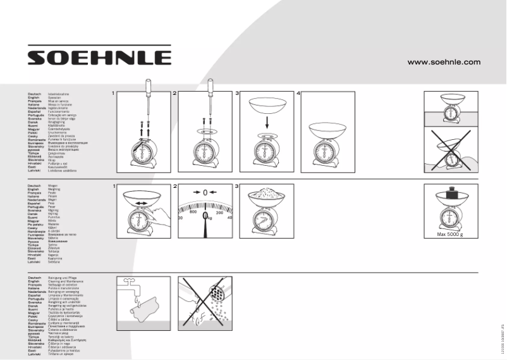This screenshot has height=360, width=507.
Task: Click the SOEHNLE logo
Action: click(99, 58)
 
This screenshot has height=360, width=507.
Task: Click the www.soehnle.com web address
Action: click(444, 62)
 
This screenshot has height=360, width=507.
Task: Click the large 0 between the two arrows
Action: click(205, 192)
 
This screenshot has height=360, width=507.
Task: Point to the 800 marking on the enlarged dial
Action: click(193, 213)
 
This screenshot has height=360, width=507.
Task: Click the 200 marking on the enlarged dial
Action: click(220, 213)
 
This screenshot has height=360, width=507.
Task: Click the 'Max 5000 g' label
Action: click(450, 234)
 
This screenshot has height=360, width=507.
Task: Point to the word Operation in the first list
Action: click(55, 97)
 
